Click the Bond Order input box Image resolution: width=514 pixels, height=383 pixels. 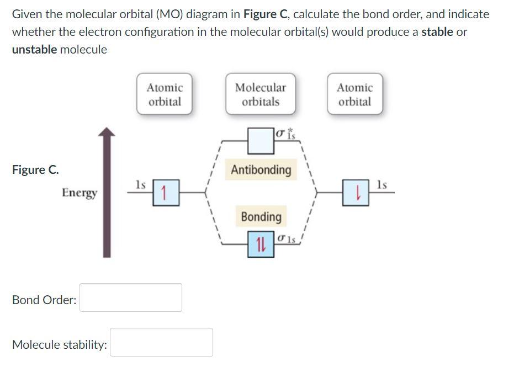(131, 297)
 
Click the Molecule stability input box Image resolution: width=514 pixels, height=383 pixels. (161, 342)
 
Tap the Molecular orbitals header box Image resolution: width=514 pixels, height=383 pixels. (260, 94)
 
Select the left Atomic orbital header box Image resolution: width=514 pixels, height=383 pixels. (165, 94)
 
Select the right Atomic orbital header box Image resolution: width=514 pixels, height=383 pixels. (354, 94)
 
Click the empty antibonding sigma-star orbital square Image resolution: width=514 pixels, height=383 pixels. (261, 141)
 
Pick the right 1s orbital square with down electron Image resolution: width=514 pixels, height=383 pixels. (359, 193)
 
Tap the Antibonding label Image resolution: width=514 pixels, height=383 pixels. (261, 169)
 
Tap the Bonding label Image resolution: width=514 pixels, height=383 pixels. (261, 216)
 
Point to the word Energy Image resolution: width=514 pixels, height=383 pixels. (80, 193)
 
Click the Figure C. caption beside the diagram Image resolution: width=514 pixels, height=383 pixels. (36, 169)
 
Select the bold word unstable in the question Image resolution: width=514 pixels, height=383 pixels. (34, 50)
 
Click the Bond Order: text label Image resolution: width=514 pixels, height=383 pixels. (44, 300)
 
